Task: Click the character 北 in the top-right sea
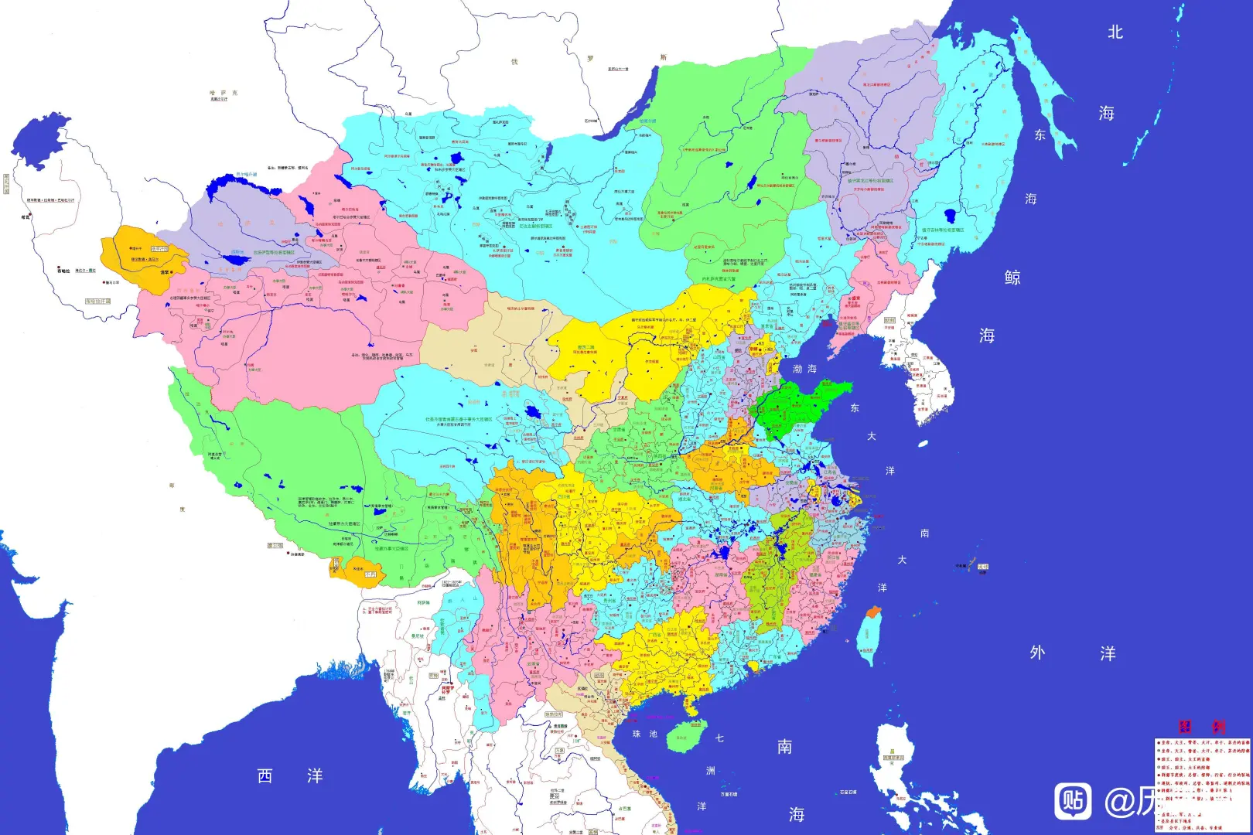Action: coord(1115,32)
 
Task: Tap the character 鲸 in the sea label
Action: coord(1012,278)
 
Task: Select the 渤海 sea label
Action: coord(804,369)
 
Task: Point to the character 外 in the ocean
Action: coord(1037,653)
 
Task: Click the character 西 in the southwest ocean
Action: coord(265,775)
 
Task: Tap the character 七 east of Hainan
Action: coord(719,738)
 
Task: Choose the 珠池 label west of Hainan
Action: coord(644,734)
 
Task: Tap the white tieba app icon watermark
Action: coord(1073,801)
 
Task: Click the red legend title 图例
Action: coord(1201,727)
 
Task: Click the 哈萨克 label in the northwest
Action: coord(223,93)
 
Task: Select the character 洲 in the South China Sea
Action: coord(710,771)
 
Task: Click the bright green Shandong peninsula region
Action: coord(797,406)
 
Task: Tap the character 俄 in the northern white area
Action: coord(514,61)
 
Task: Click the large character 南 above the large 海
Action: coord(784,746)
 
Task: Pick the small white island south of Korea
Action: coord(923,444)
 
